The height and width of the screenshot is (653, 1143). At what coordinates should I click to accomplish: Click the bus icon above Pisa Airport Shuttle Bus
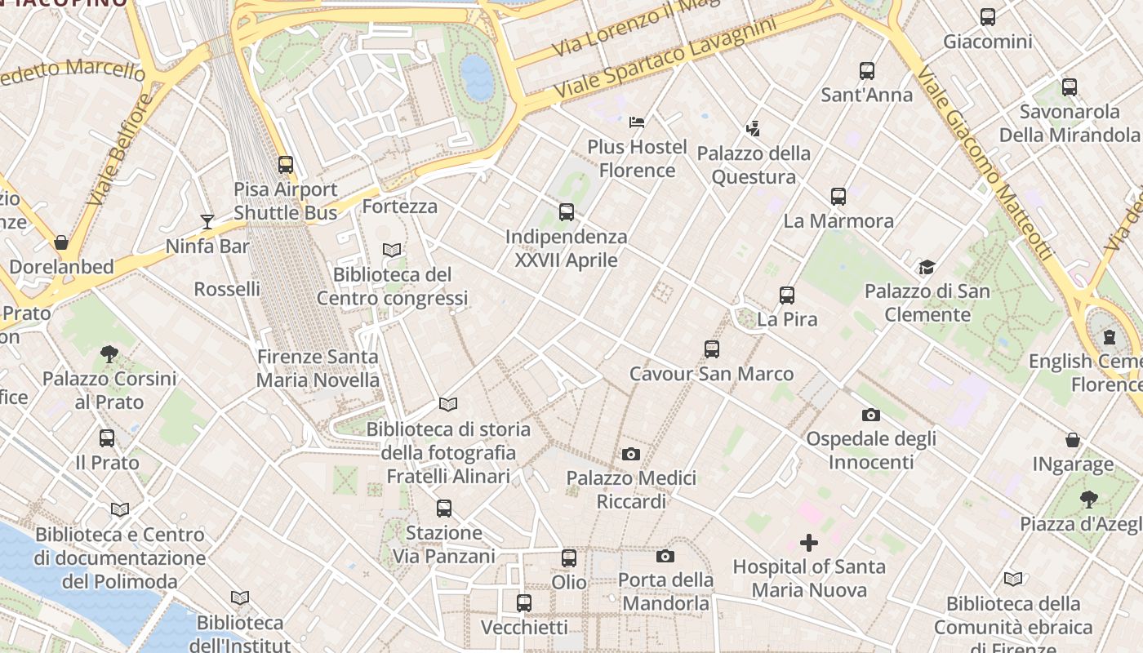285,164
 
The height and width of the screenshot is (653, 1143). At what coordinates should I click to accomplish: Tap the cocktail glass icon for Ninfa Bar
207,221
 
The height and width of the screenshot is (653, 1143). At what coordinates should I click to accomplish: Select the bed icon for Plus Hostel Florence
637,122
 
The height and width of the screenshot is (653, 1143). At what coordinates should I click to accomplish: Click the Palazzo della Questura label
753,165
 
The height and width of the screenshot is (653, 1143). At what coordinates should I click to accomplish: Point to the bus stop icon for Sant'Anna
867,71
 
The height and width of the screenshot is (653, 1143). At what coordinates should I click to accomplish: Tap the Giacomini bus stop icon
988,16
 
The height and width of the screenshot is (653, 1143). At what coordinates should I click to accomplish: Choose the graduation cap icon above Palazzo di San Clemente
927,267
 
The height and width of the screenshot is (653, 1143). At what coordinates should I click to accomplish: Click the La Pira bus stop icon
787,295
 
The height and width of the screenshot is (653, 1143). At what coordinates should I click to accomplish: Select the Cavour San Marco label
711,374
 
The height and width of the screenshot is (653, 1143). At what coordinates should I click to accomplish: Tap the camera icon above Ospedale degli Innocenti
871,415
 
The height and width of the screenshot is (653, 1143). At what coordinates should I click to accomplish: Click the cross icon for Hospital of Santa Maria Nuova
809,543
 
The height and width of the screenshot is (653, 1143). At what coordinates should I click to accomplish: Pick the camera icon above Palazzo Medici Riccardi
631,454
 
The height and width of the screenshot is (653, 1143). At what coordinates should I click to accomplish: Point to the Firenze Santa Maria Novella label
318,368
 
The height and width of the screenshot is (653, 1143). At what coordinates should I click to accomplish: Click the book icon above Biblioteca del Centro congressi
392,250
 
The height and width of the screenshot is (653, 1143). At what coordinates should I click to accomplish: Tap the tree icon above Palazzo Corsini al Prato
109,353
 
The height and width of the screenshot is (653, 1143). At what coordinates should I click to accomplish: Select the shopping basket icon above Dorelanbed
61,242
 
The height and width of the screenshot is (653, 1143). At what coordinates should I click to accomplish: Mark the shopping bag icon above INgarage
1073,441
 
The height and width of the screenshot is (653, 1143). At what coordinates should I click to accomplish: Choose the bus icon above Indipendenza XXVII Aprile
567,212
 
